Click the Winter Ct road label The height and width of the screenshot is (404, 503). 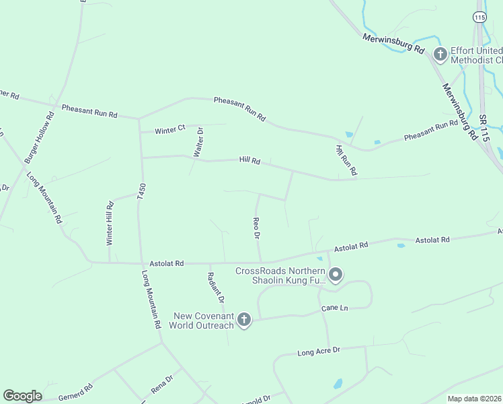[169, 129]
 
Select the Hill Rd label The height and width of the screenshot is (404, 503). [249, 160]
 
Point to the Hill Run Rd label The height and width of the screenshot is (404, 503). [346, 161]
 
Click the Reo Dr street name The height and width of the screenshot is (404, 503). [256, 228]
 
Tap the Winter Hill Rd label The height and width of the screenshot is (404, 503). [110, 222]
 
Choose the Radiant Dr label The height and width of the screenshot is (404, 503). [215, 287]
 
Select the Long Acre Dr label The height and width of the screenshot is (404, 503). [319, 351]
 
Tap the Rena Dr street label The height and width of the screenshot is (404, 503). [162, 384]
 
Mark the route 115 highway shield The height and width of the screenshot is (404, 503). [479, 18]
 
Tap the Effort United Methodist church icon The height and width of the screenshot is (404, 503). [440, 55]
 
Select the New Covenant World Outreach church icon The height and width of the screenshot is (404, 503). [244, 321]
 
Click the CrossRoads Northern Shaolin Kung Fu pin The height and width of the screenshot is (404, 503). [336, 275]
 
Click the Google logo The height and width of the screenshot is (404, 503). [22, 396]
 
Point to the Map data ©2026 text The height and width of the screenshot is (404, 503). [474, 399]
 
